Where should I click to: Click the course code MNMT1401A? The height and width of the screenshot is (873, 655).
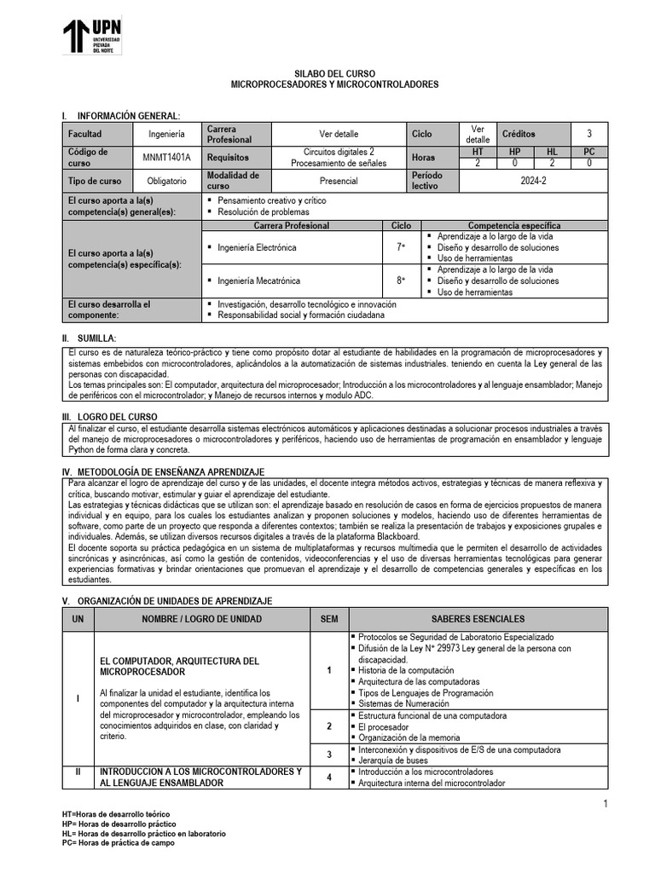[x=167, y=158]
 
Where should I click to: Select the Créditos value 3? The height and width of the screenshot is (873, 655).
[x=588, y=134]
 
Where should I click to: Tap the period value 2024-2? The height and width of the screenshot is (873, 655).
[x=533, y=182]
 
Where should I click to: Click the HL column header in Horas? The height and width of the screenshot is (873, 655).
[x=552, y=151]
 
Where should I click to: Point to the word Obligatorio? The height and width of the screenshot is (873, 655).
[x=167, y=182]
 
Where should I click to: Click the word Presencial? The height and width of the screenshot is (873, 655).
[x=339, y=182]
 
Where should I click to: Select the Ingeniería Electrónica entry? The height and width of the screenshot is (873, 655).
[x=258, y=247]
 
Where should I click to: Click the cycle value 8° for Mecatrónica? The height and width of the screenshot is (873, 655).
[x=400, y=280]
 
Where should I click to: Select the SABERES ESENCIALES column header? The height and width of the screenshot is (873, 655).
[x=478, y=619]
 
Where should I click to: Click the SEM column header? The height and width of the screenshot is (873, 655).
[x=329, y=619]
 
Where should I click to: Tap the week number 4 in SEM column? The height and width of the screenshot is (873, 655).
[x=329, y=777]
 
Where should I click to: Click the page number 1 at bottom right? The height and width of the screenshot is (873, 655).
[x=605, y=805]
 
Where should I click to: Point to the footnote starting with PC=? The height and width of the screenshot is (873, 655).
[x=119, y=843]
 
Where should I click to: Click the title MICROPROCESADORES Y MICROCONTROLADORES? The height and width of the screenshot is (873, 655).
[x=335, y=86]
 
